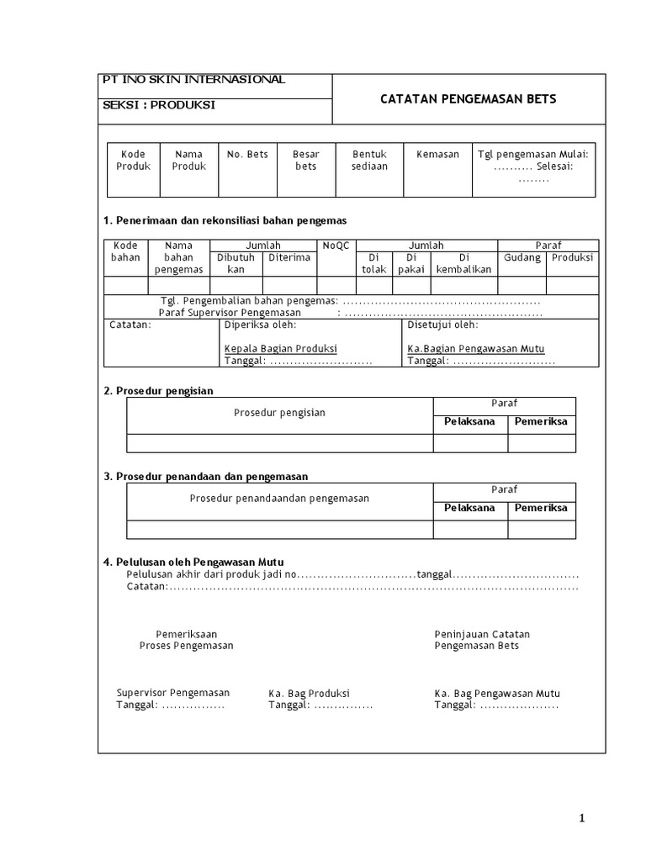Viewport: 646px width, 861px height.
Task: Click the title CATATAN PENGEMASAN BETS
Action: [468, 99]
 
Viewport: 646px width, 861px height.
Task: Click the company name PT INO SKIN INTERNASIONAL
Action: [193, 80]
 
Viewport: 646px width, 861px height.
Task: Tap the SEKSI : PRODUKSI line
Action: [159, 105]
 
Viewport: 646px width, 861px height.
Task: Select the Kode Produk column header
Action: [133, 161]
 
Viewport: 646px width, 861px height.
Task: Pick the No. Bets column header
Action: [247, 155]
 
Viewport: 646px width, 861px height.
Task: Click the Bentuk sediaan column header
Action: [369, 161]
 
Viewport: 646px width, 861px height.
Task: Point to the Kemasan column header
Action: [437, 155]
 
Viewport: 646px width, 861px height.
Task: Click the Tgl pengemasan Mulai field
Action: [533, 155]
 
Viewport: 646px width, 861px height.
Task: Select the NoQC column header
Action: [336, 246]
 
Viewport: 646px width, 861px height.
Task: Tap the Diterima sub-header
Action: [289, 257]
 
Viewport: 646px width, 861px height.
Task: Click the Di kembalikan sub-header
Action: [463, 263]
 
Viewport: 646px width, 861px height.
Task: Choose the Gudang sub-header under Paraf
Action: [522, 257]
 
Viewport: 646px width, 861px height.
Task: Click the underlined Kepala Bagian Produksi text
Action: [280, 348]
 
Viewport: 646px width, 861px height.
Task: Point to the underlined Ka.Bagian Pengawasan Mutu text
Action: [475, 348]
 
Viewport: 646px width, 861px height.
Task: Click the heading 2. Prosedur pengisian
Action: [158, 391]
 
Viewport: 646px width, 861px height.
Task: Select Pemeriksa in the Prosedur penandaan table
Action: [541, 508]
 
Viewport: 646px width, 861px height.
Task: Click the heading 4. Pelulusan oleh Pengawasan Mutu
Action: [199, 562]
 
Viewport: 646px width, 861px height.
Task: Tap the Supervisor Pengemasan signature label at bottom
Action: [172, 693]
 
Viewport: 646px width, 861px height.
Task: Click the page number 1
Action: [581, 818]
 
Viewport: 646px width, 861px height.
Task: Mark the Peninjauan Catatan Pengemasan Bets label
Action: [482, 640]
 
